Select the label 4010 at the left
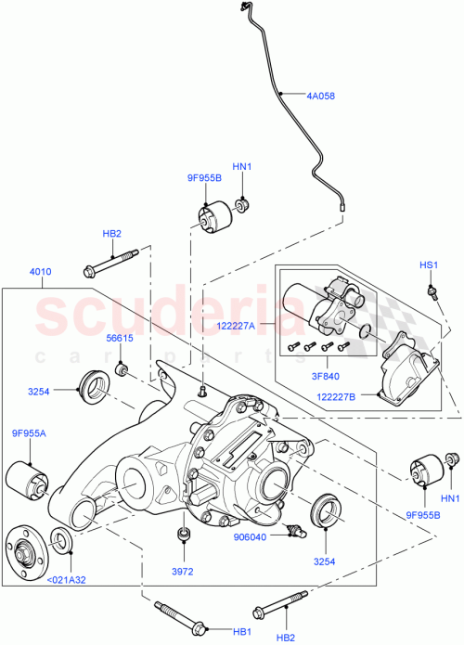coord(42,271)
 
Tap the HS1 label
coord(428,265)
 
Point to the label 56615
coord(120,339)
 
